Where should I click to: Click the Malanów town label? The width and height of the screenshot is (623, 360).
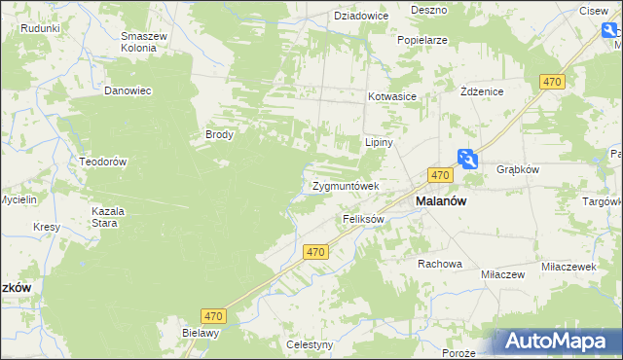point(441,200)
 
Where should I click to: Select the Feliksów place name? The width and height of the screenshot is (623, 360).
point(364,220)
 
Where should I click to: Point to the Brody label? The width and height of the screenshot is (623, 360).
point(218,135)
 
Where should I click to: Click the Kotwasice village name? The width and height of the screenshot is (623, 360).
point(392,97)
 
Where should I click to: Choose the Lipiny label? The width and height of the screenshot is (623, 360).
point(378,141)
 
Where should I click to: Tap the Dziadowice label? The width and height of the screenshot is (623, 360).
point(361,16)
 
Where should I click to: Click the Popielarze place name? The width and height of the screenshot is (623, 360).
point(421,41)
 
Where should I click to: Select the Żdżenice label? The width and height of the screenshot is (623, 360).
point(481,90)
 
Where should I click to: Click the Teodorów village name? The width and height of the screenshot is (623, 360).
point(103,162)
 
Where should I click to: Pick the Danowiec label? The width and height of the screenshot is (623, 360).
point(128,90)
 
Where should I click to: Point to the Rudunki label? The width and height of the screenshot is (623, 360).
point(40,28)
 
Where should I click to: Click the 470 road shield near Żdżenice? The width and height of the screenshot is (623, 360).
point(553,84)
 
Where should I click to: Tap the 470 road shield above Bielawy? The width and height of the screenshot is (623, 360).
point(215,315)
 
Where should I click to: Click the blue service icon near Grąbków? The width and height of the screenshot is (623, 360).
point(468,159)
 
